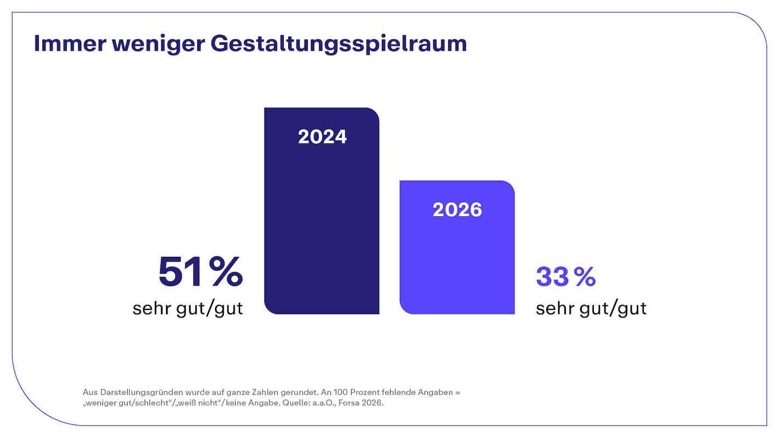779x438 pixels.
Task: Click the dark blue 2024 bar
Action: click(322, 230)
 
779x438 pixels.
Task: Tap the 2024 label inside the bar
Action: click(322, 137)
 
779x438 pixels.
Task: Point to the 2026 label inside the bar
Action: click(457, 210)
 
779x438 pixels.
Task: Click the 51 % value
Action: click(201, 272)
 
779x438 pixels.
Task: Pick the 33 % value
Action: click(565, 276)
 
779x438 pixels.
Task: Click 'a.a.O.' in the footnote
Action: click(330, 404)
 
